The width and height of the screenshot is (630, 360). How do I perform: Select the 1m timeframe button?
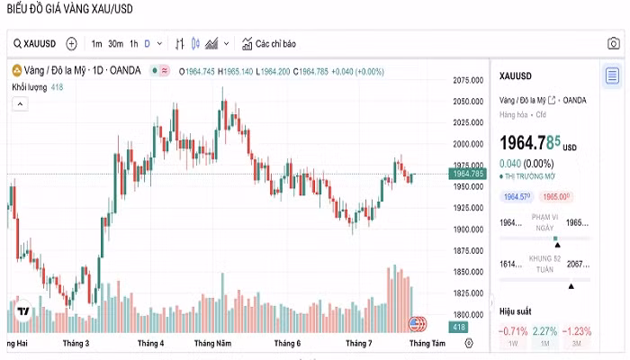click(96, 43)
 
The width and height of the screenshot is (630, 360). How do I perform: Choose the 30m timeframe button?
click(115, 43)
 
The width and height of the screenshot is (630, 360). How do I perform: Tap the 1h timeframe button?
click(133, 43)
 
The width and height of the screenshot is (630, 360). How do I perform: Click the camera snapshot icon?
click(612, 43)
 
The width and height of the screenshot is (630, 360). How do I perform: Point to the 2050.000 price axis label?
click(469, 102)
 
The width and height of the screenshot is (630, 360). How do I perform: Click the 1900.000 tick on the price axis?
click(469, 229)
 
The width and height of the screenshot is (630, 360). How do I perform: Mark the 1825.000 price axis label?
click(469, 293)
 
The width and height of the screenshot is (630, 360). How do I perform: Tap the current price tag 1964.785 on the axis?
click(469, 174)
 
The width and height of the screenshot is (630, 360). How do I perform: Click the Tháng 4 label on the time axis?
click(150, 344)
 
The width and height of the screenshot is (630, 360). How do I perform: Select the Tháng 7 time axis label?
click(358, 344)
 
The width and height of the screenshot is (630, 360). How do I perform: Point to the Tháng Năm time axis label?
click(212, 344)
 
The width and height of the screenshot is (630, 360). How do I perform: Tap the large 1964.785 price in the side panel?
click(531, 142)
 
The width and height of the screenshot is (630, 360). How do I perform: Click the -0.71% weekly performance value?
click(513, 331)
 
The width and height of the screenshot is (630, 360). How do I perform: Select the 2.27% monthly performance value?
click(544, 331)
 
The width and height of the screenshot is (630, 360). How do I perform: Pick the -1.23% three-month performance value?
click(576, 331)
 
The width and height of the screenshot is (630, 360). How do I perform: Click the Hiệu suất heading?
click(516, 311)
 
